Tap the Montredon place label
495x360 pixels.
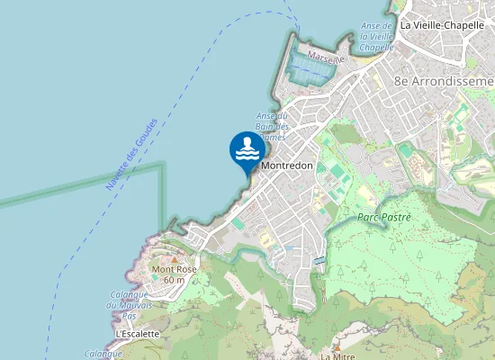[x=285, y=166]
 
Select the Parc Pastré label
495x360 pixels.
[x=383, y=218]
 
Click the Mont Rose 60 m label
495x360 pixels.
[x=174, y=274]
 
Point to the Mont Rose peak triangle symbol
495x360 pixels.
[x=175, y=260]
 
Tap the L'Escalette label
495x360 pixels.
[x=138, y=334]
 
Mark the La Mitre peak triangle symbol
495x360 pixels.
[x=337, y=345]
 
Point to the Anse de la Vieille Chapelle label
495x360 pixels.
[x=377, y=36]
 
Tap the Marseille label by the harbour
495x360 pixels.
[x=325, y=58]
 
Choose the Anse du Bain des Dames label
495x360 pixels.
[x=270, y=126]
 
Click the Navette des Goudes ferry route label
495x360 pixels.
[x=131, y=154]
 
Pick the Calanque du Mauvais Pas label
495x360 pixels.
[x=128, y=306]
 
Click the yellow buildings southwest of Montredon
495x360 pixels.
[x=266, y=240]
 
